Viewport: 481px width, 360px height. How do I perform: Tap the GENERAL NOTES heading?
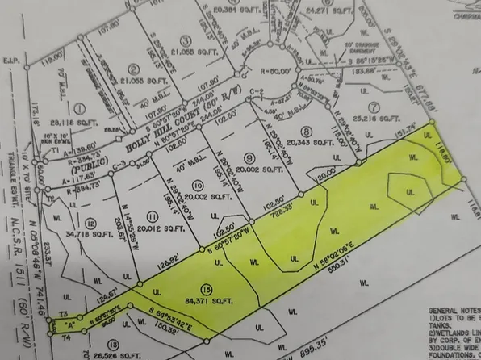453,308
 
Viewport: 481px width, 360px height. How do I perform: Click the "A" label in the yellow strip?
62,325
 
